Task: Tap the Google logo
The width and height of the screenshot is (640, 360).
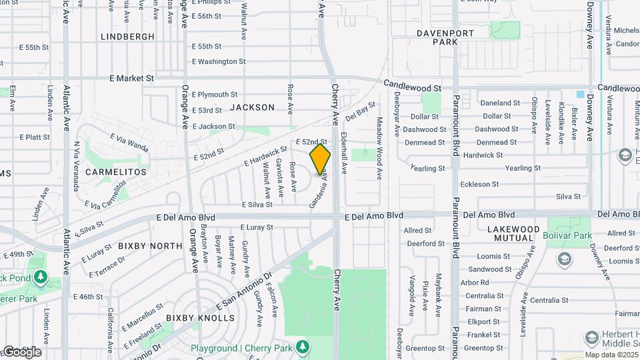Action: [x=21, y=352]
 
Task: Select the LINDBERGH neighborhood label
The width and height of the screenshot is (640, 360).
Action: [x=127, y=37]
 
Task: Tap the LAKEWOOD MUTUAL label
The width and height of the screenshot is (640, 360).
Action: [x=515, y=233]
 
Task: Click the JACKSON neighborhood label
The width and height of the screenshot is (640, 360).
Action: [x=252, y=107]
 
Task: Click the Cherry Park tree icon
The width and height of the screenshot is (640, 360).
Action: [x=303, y=347]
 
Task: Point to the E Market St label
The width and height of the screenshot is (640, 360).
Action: [x=132, y=78]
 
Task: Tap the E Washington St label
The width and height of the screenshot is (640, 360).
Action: [x=219, y=61]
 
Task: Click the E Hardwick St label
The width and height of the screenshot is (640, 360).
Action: [x=265, y=156]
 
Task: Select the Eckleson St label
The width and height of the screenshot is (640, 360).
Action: [x=479, y=184]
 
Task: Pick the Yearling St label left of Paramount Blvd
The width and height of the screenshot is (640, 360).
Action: [x=427, y=169]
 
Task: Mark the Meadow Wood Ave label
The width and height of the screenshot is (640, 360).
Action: [x=379, y=148]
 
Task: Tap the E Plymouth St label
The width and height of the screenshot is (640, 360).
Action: [x=215, y=95]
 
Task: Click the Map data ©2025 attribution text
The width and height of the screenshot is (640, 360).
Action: [x=611, y=355]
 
